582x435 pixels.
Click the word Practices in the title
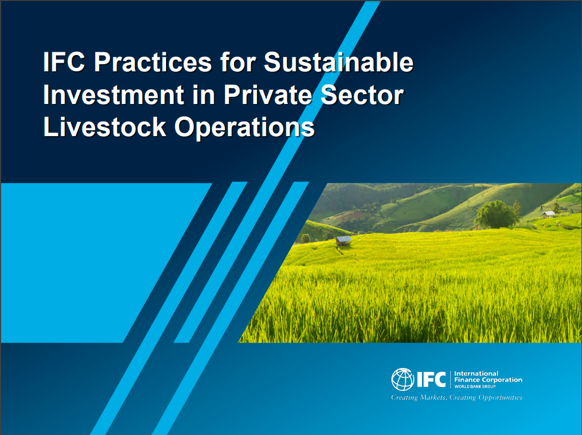tap(152, 63)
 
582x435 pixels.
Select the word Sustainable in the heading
tap(339, 63)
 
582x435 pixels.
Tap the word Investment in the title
tap(113, 95)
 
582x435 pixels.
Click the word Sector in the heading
tap(367, 95)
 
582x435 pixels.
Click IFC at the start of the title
tap(64, 63)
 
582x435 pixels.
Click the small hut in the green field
tap(344, 240)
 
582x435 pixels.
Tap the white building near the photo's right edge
tap(548, 214)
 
